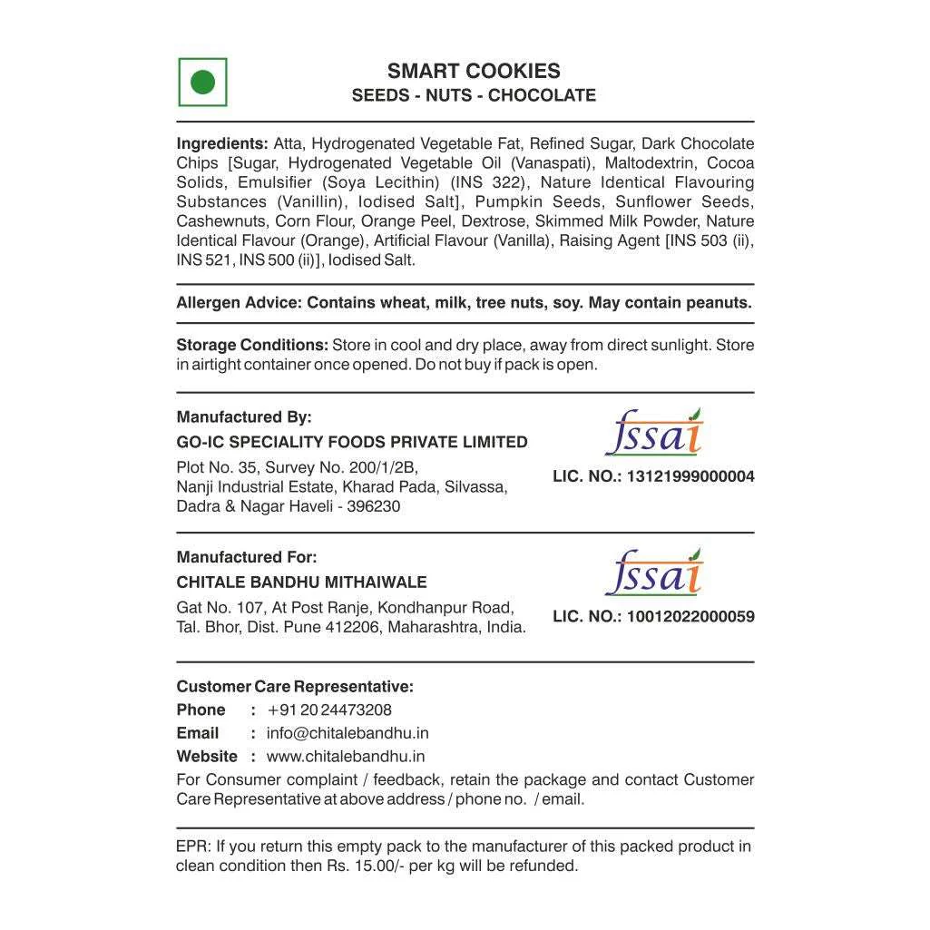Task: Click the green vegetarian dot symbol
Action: [x=202, y=83]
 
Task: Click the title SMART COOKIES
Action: [x=474, y=71]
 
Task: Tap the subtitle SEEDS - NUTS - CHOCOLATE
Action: [x=474, y=95]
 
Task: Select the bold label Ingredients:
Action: [x=222, y=143]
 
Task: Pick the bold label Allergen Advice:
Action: [x=238, y=303]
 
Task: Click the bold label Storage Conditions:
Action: [x=252, y=345]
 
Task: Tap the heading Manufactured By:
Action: [x=244, y=417]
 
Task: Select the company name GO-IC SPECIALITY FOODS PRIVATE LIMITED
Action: [x=352, y=442]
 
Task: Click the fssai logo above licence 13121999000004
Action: [x=653, y=433]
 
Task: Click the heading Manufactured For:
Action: [x=247, y=557]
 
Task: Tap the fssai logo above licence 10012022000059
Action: [x=653, y=573]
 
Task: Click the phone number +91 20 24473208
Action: [x=329, y=710]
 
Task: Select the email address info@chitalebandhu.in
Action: [x=348, y=733]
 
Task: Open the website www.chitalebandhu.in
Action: [x=346, y=756]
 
